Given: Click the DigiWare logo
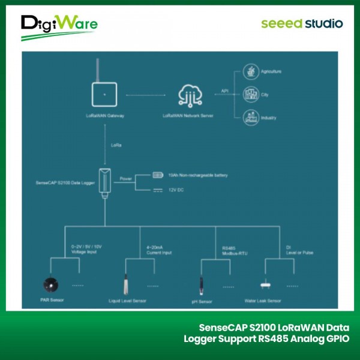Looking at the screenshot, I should tap(59, 27).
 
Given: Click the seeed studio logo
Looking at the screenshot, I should tap(302, 24).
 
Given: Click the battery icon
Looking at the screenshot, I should tap(157, 175).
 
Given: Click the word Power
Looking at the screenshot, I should tap(126, 178).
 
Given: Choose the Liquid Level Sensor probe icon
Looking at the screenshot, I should tap(127, 281).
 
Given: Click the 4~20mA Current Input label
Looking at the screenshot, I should tap(159, 250).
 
